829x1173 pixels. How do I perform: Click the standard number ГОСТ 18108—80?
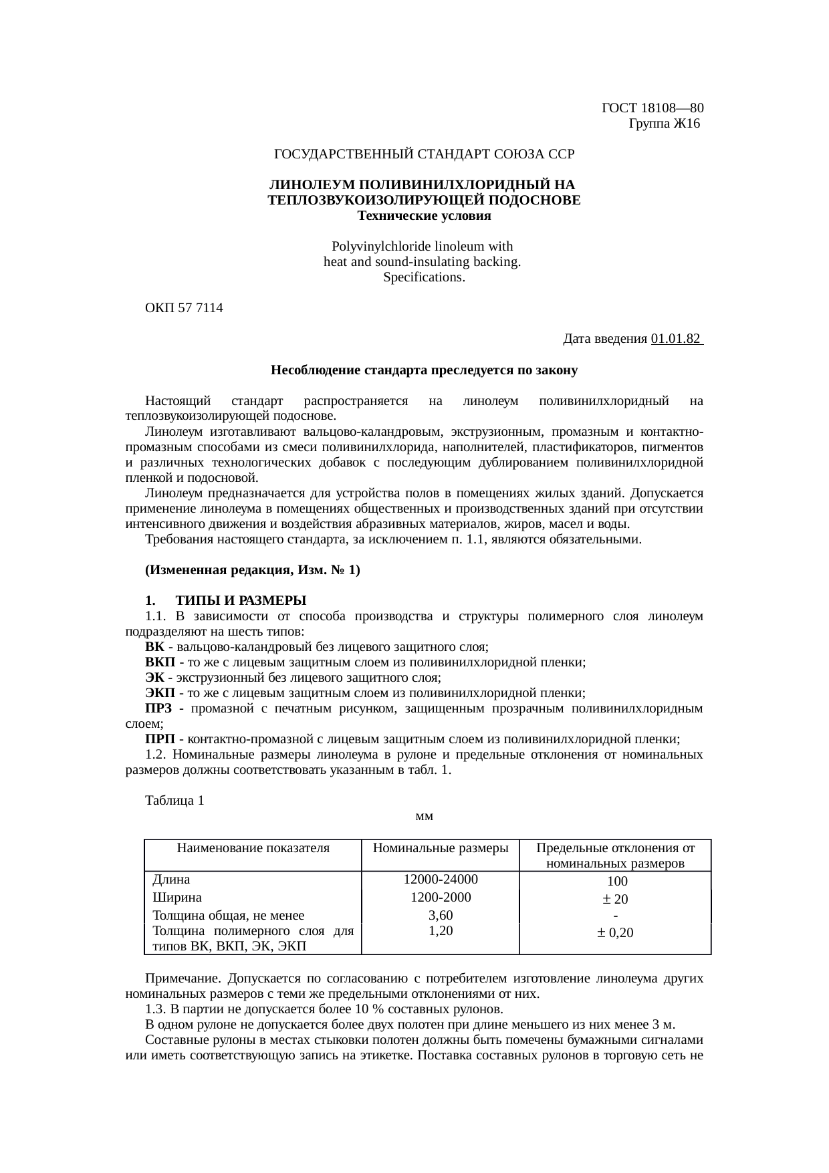point(653,108)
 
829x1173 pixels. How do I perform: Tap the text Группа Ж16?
point(663,124)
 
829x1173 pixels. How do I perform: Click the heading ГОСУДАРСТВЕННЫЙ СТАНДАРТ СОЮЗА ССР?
point(425,154)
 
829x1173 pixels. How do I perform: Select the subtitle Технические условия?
point(425,216)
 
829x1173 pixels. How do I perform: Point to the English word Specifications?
point(424,277)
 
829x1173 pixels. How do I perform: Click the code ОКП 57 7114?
point(185,308)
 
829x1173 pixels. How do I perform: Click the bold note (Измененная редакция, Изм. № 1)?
point(253,570)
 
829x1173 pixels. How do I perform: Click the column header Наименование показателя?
point(253,848)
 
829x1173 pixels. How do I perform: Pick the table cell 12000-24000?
point(440,879)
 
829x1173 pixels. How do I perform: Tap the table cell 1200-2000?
point(440,897)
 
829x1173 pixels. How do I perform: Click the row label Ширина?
point(177,897)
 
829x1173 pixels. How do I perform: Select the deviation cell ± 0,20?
point(615,932)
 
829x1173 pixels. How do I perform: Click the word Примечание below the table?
point(183,979)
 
